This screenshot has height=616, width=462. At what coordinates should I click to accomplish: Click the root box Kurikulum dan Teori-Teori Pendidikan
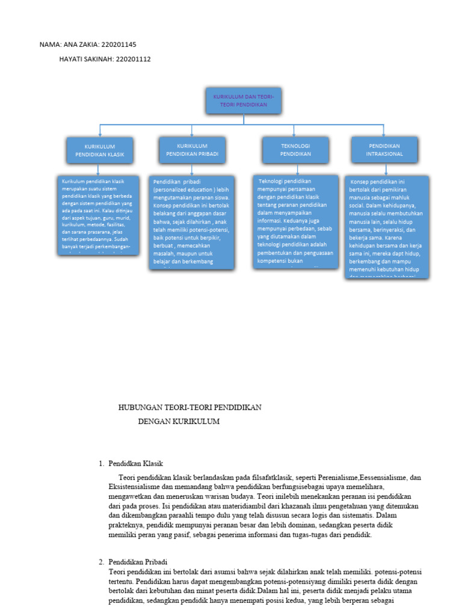click(x=243, y=100)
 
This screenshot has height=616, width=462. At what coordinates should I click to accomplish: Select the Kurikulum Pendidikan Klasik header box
click(x=100, y=150)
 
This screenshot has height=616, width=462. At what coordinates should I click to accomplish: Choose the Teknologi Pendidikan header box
click(x=295, y=150)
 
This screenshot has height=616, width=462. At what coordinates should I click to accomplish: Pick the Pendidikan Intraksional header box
click(x=384, y=150)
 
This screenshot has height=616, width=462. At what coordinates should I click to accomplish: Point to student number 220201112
click(x=132, y=59)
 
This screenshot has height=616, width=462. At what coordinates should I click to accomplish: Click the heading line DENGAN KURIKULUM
click(x=179, y=422)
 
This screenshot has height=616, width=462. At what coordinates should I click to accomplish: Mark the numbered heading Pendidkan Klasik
click(x=135, y=463)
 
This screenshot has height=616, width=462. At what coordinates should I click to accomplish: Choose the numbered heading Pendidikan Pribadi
click(x=137, y=561)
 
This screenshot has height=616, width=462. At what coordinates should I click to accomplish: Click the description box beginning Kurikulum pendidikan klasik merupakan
click(x=100, y=214)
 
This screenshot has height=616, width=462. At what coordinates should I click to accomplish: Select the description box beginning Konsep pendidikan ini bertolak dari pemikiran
click(x=389, y=226)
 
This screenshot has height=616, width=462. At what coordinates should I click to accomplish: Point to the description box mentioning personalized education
click(x=192, y=221)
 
